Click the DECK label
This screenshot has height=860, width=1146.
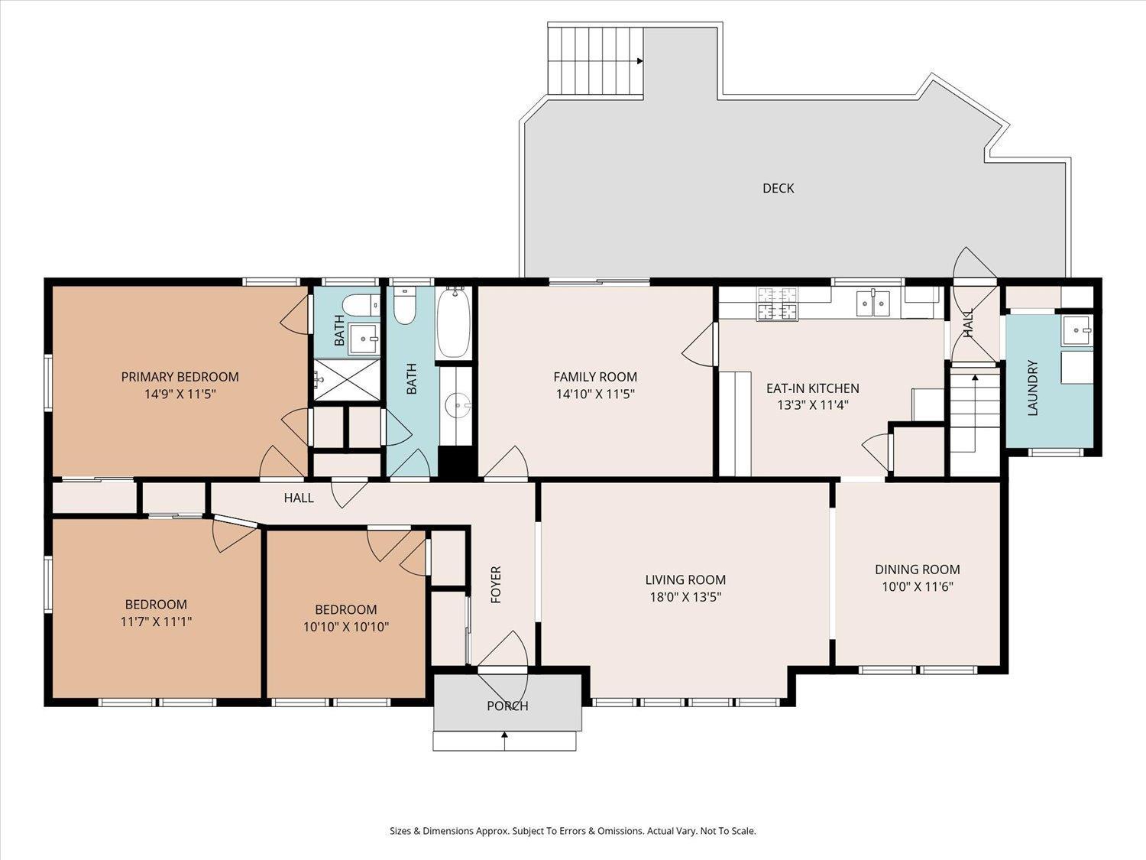click(x=778, y=188)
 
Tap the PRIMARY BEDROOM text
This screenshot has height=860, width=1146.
click(x=180, y=377)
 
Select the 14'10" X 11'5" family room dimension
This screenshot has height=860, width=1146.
click(x=595, y=394)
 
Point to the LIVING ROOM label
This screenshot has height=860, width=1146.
click(x=685, y=579)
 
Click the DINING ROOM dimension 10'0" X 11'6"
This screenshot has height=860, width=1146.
click(x=918, y=586)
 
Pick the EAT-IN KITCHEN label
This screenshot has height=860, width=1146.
click(x=813, y=388)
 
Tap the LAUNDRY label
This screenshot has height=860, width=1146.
click(x=1032, y=388)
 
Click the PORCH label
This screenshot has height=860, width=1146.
click(x=507, y=706)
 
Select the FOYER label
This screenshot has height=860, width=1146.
click(x=496, y=584)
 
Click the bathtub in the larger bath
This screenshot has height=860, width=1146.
click(x=453, y=323)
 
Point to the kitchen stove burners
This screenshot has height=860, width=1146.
click(x=778, y=304)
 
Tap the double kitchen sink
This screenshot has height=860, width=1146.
click(x=873, y=303)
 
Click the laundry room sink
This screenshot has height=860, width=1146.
click(x=1077, y=330)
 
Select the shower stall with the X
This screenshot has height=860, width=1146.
click(x=347, y=380)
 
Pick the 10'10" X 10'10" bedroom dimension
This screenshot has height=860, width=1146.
click(x=346, y=627)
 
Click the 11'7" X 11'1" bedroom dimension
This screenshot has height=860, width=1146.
click(x=156, y=621)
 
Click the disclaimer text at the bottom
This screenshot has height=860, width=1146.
click(x=573, y=831)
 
